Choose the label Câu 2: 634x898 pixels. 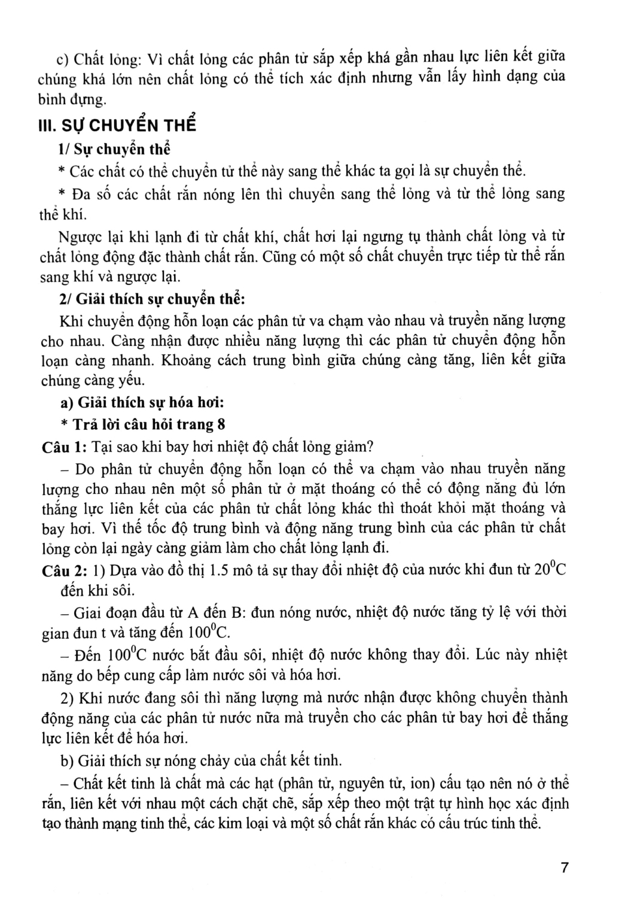point(65,570)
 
